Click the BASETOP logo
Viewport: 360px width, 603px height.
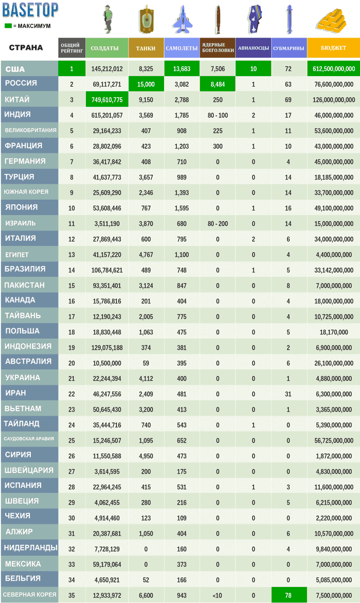[x=30, y=10]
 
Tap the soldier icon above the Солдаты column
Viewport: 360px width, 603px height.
[x=107, y=20]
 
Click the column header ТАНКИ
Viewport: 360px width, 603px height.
[x=146, y=48]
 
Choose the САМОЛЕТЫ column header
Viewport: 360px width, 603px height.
[x=182, y=48]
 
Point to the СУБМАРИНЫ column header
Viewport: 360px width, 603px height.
[x=289, y=48]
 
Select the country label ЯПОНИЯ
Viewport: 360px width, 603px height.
[x=21, y=207]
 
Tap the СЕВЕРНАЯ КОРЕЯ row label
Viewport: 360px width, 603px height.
[x=29, y=594]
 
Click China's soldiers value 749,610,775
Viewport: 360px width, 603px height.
[x=107, y=100]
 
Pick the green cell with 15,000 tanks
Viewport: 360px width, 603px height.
[x=146, y=84]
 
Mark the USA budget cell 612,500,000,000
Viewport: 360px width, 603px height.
[x=334, y=69]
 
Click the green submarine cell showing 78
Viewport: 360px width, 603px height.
[x=289, y=595]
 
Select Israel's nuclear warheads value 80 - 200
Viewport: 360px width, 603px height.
[x=218, y=224]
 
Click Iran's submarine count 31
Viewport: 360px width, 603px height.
[x=289, y=394]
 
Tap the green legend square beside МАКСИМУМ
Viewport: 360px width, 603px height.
[x=8, y=26]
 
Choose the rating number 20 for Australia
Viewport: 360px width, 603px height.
[x=71, y=363]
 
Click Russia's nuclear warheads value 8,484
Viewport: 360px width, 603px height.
[x=218, y=84]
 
